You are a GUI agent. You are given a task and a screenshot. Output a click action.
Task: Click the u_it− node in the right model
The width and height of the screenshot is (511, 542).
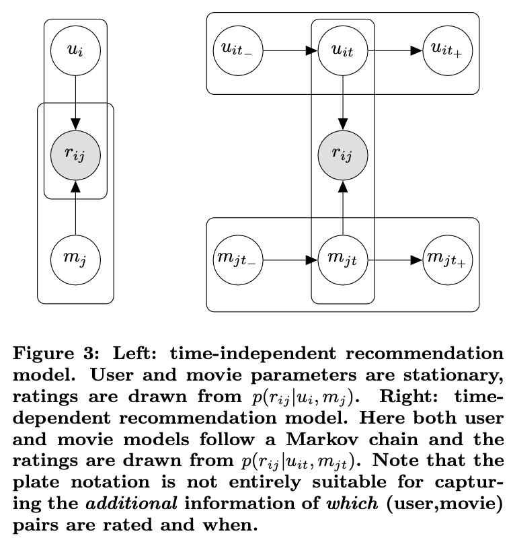point(237,50)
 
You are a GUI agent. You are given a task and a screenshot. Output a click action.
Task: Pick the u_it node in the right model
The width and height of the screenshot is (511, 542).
point(343,50)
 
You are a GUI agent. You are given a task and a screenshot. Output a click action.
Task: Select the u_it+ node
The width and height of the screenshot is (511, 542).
point(448,50)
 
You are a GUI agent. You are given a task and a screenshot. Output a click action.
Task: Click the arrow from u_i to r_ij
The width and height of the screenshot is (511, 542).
point(75,101)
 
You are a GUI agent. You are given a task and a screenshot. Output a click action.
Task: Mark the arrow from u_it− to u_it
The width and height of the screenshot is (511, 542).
point(289,50)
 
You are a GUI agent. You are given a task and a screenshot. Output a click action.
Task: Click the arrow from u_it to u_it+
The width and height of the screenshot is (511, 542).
point(395,50)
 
